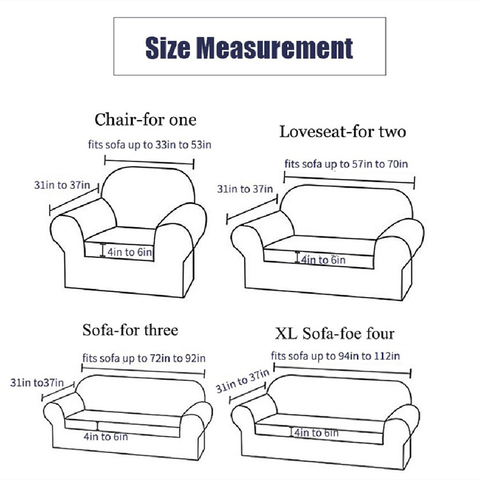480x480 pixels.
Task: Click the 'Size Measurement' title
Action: (249, 48)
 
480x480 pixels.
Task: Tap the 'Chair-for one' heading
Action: (145, 119)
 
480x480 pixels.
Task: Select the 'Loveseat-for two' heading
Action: (343, 132)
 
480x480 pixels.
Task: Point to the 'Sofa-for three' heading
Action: (130, 331)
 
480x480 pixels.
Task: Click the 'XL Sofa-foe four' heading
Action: (335, 334)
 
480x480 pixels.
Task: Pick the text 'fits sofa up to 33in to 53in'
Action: (149, 145)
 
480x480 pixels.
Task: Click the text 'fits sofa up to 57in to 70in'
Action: (346, 164)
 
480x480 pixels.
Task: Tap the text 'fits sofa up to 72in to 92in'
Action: (144, 358)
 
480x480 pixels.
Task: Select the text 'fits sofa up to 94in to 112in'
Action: (335, 356)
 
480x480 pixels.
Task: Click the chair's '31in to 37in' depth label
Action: (62, 185)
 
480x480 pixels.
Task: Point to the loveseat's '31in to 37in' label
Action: (245, 189)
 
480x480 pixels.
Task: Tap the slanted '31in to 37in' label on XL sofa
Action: (242, 381)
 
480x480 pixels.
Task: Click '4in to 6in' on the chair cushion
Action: (130, 252)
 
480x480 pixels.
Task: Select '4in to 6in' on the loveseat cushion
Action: (323, 260)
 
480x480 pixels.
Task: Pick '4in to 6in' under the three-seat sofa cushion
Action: (106, 437)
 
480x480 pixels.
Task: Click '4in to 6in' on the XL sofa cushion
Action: (316, 433)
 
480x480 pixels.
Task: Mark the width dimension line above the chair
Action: (149, 162)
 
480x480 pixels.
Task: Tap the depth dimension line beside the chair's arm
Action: (74, 199)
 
